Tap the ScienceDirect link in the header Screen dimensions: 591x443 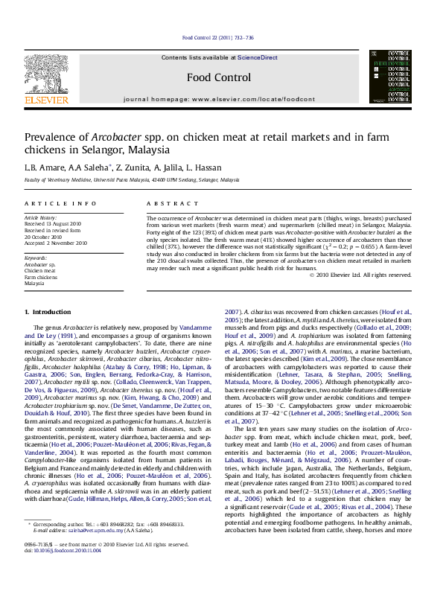(258, 57)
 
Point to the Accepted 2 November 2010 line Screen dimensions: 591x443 (56, 243)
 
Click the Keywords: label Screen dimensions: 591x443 (36, 258)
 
